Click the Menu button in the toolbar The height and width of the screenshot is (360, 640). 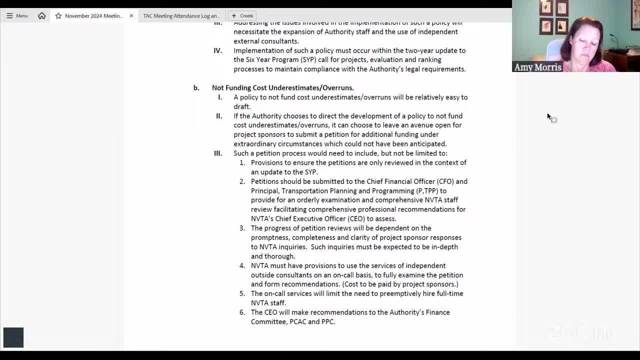pyautogui.click(x=17, y=16)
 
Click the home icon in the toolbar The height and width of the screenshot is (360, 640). pyautogui.click(x=42, y=16)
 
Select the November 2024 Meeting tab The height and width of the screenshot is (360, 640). pyautogui.click(x=93, y=16)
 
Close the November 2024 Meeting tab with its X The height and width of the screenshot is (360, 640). pyautogui.click(x=131, y=16)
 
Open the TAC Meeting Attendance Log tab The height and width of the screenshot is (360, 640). pyautogui.click(x=181, y=16)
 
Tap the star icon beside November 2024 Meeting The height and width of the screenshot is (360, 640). pyautogui.click(x=58, y=16)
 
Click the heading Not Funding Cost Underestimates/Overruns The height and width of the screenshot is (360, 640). pyautogui.click(x=282, y=88)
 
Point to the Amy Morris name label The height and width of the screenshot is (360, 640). pyautogui.click(x=537, y=67)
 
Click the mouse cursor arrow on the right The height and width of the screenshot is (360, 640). pyautogui.click(x=549, y=117)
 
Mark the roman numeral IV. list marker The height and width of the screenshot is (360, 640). pyautogui.click(x=217, y=50)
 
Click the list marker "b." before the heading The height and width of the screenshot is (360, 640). pyautogui.click(x=196, y=88)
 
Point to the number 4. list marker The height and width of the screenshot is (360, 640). pyautogui.click(x=242, y=266)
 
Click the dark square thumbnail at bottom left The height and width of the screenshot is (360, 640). pyautogui.click(x=13, y=337)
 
